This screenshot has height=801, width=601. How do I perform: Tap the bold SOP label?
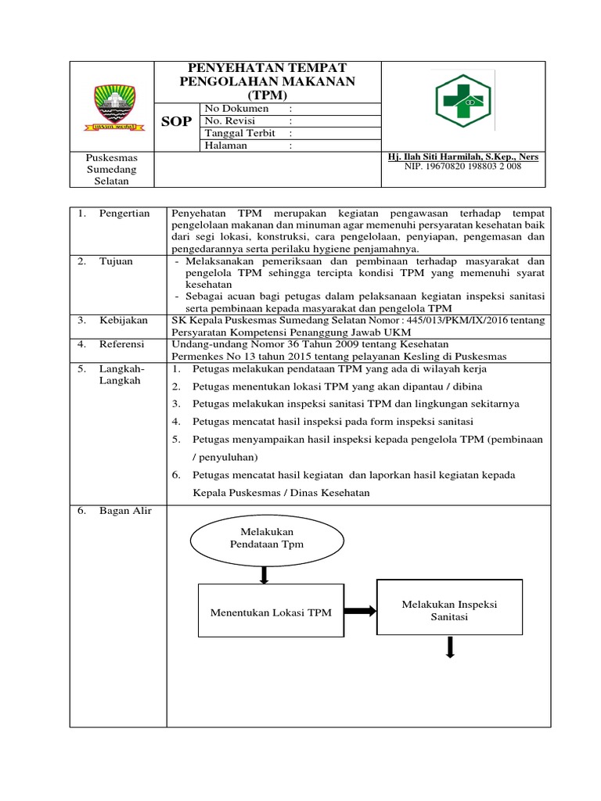pyautogui.click(x=175, y=121)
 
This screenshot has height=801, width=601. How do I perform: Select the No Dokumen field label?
pyautogui.click(x=236, y=109)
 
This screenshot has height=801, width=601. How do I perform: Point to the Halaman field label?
pyautogui.click(x=225, y=145)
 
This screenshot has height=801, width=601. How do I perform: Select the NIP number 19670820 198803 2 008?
pyautogui.click(x=462, y=167)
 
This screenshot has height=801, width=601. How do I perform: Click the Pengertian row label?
pyautogui.click(x=124, y=214)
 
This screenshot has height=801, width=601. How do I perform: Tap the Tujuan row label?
pyautogui.click(x=116, y=261)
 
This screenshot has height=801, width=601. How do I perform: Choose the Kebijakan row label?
pyautogui.click(x=123, y=321)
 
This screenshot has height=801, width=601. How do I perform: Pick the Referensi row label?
pyautogui.click(x=123, y=344)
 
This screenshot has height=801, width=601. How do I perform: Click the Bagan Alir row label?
pyautogui.click(x=125, y=512)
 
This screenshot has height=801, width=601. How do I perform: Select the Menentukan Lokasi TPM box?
pyautogui.click(x=270, y=612)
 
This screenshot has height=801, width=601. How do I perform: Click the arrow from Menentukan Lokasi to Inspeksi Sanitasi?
pyautogui.click(x=360, y=612)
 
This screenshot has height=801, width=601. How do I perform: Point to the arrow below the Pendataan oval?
pyautogui.click(x=265, y=573)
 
